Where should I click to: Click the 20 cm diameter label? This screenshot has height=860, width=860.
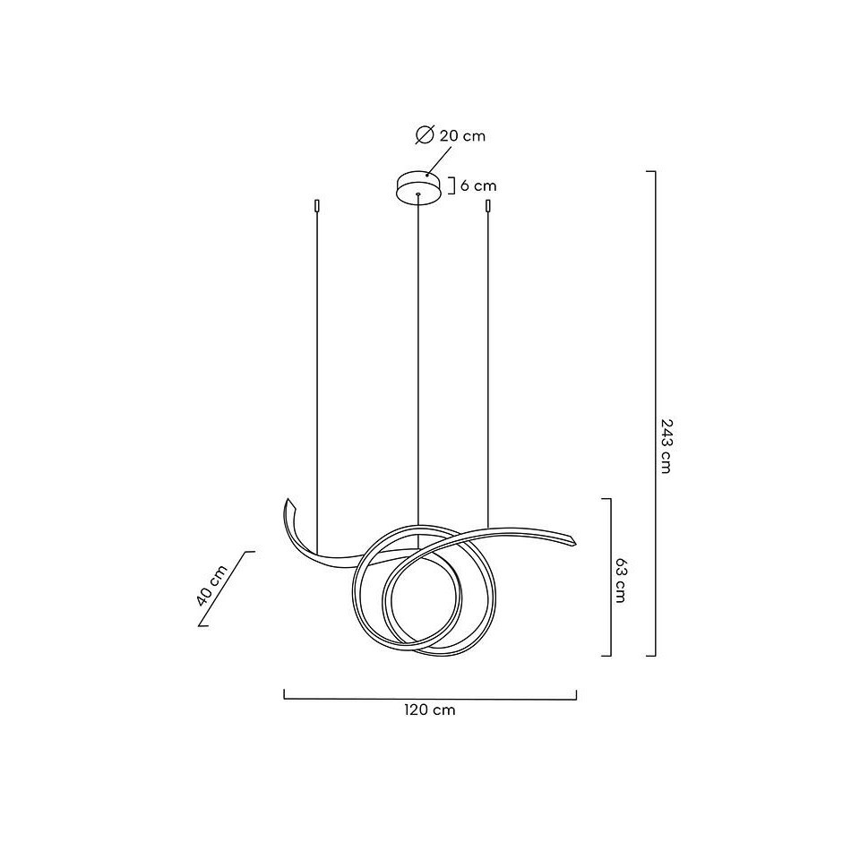click(x=462, y=136)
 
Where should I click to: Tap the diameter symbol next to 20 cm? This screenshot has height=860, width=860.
click(x=425, y=135)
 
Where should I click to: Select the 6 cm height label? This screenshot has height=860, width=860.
click(x=478, y=185)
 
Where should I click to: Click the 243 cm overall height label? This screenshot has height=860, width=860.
click(x=666, y=446)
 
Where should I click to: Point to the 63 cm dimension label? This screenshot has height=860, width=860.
click(x=620, y=580)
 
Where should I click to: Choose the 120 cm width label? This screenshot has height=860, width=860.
click(x=430, y=709)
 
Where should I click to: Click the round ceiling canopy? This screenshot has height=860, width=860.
click(x=418, y=187)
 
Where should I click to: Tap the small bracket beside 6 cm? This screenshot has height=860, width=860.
click(x=453, y=185)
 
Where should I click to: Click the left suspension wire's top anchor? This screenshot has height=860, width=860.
click(x=316, y=206)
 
